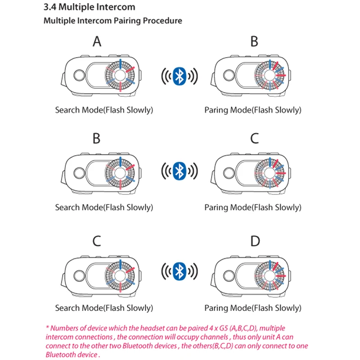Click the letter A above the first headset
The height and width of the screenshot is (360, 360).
[x=97, y=42]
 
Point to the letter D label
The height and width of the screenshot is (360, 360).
[x=255, y=241]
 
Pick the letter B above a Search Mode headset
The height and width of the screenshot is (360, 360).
[x=96, y=139]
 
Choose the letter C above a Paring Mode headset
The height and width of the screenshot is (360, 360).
[x=255, y=139]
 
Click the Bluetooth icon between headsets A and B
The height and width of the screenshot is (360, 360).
[x=180, y=76]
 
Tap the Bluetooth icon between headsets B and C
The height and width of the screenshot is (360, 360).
[x=180, y=171]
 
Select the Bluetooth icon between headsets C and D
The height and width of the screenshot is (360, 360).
[x=180, y=271]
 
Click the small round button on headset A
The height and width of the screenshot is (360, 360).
[x=79, y=75]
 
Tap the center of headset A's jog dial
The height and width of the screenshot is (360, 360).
[x=120, y=75]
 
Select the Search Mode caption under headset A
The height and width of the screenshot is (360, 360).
[x=104, y=110]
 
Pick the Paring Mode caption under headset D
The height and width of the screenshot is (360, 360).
[x=253, y=308]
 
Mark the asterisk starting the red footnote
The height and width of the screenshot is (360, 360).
[x=47, y=328]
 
